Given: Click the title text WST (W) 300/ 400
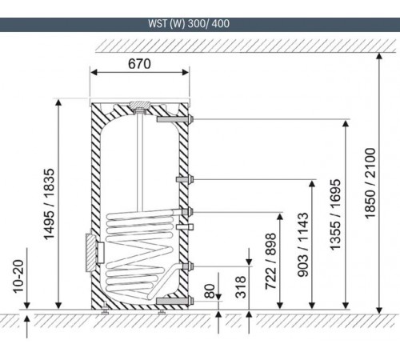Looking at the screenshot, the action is coord(189,24).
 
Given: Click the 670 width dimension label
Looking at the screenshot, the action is coord(139,64).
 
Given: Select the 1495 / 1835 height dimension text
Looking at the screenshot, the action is coord(50,204).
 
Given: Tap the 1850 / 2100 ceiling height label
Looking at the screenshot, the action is coord(370,183).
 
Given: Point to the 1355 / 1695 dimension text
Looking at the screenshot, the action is coord(335,214).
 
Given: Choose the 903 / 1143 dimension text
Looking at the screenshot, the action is coord(303,245).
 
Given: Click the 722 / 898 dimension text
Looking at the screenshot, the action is coord(270,262).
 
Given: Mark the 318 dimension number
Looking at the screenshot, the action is coord(240,287).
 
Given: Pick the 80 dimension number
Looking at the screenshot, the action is coord(210,291).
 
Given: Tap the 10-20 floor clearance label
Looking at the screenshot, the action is coord(18,276).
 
